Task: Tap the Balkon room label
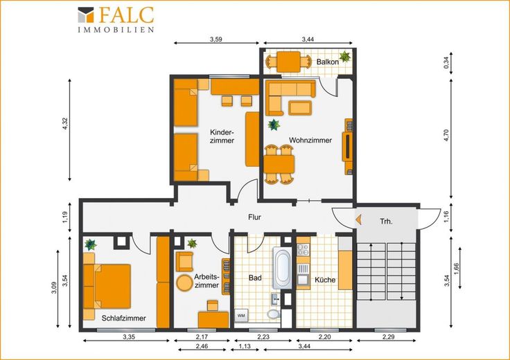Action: pos(328,62)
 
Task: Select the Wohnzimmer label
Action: pos(310,141)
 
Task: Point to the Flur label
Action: pos(254,217)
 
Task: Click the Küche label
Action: pos(325,280)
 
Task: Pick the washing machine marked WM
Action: pos(241,316)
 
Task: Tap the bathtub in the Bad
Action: pos(281,268)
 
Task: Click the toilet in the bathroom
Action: pos(273,314)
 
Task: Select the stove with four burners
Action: pos(304,249)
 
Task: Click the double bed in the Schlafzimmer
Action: pos(107,286)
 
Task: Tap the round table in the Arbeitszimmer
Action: pos(185,283)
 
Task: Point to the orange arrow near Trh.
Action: pos(358,219)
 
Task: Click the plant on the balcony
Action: pos(344,57)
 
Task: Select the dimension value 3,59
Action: pos(216,40)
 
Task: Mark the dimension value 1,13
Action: pos(245,346)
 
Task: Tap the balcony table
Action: pos(288,62)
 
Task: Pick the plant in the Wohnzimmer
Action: pos(274,125)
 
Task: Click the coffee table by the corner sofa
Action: pos(300,108)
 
